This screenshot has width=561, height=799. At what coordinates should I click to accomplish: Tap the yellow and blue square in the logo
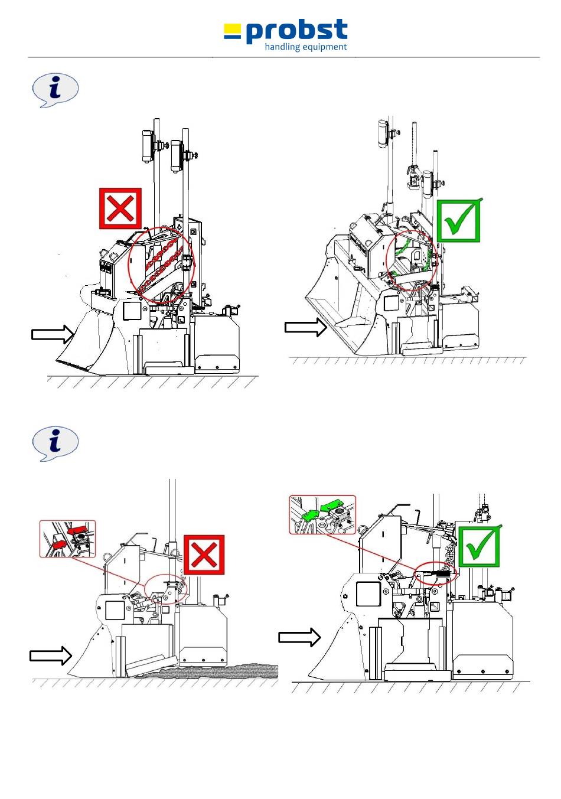point(233,31)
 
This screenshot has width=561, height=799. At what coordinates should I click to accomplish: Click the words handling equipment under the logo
point(305,47)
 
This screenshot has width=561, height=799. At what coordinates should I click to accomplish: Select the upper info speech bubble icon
point(55,90)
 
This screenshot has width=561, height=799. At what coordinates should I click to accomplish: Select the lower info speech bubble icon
point(55,443)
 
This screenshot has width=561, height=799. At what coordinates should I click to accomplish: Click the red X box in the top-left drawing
point(120,208)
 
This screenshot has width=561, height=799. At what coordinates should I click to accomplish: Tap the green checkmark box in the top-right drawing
point(458,221)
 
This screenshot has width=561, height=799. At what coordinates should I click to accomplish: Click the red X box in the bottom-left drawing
point(204,555)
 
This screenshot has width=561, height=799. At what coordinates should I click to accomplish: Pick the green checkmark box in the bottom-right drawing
point(480,546)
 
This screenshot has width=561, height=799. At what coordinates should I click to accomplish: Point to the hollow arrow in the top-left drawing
point(53,335)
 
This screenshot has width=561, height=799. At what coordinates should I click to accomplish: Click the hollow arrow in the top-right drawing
point(306,327)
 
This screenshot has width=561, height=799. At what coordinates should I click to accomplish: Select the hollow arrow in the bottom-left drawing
point(51,655)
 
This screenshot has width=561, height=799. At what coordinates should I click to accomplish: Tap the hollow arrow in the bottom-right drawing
point(299,637)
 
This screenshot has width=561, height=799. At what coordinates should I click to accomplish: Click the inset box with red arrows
point(67,539)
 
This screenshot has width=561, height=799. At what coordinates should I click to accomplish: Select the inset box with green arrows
point(322,515)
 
